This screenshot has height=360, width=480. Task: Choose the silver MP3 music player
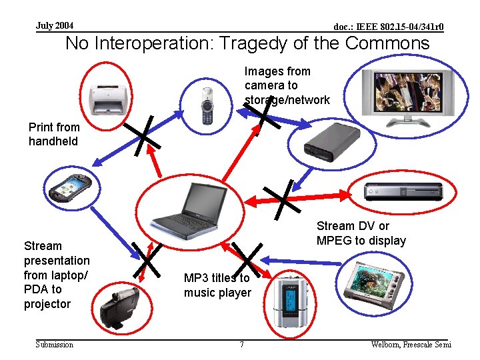pos(291,301)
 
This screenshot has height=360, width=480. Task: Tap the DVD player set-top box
pos(403,191)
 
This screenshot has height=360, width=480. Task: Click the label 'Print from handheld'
pos(54,134)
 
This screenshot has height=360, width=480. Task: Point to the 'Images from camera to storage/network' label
pos(287,85)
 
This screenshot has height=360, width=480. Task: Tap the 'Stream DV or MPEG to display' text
pos(361,233)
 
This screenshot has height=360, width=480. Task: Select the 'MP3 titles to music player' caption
pos(217,285)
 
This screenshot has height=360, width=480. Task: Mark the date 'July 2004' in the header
pos(55,25)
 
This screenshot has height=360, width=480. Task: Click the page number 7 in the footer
pos(241,345)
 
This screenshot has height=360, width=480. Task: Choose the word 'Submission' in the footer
pos(55,344)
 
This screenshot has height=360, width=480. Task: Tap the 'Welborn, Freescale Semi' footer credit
pos(411,344)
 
